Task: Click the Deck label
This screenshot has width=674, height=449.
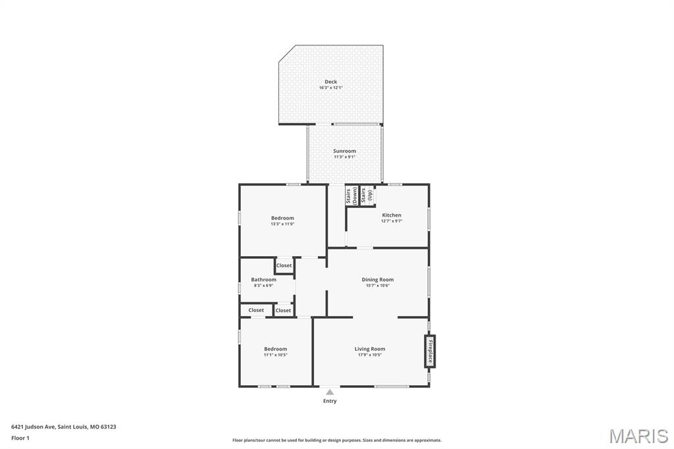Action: pyautogui.click(x=330, y=82)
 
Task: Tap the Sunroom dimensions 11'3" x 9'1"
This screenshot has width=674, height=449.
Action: pyautogui.click(x=344, y=157)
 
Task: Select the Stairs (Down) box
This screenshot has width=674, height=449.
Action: pyautogui.click(x=351, y=196)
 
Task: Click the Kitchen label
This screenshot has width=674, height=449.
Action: pyautogui.click(x=392, y=215)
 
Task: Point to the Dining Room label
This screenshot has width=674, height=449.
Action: pyautogui.click(x=378, y=279)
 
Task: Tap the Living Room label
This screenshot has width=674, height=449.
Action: pyautogui.click(x=369, y=349)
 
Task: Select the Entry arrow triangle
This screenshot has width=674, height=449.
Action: pyautogui.click(x=330, y=392)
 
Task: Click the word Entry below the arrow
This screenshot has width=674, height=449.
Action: pyautogui.click(x=330, y=401)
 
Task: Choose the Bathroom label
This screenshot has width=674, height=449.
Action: pyautogui.click(x=263, y=279)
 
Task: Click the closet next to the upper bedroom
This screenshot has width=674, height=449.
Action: pyautogui.click(x=284, y=265)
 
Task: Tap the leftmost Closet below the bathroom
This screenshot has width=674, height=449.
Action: pyautogui.click(x=256, y=310)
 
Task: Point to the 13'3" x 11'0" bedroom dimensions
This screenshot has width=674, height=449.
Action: pyautogui.click(x=282, y=224)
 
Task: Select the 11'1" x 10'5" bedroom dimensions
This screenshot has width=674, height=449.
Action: pyautogui.click(x=275, y=355)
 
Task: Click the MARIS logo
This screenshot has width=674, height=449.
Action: pyautogui.click(x=638, y=435)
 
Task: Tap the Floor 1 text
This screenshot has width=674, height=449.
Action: pyautogui.click(x=20, y=438)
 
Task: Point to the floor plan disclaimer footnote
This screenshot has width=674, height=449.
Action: pyautogui.click(x=336, y=440)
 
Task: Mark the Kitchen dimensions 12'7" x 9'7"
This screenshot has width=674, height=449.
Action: pyautogui.click(x=392, y=221)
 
